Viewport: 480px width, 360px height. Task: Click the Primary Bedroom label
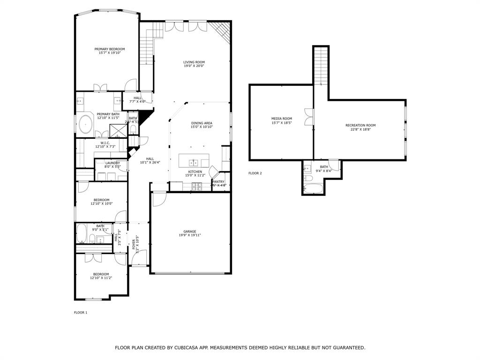click(110, 49)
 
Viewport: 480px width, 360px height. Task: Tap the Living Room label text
click(194, 62)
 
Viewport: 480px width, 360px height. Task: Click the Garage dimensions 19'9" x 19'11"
click(190, 235)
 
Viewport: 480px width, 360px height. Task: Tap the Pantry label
click(218, 181)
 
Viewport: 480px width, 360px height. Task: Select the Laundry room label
click(112, 163)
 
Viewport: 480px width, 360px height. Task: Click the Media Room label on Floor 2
click(282, 119)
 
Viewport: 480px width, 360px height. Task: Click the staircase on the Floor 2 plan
click(321, 66)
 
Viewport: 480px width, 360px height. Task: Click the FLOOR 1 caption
click(81, 312)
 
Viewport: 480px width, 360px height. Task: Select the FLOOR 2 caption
click(255, 173)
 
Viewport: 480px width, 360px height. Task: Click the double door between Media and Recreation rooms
click(309, 117)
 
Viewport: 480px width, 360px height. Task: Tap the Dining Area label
click(202, 123)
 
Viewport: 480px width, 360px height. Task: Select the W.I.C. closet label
click(105, 143)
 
